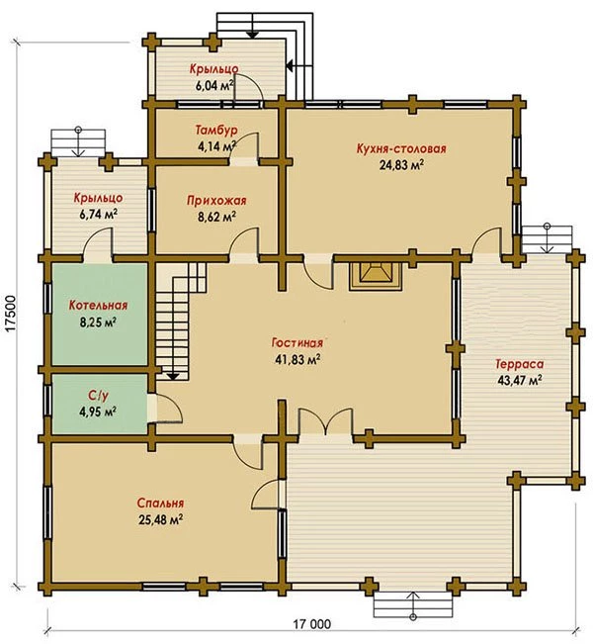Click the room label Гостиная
pyautogui.click(x=297, y=342)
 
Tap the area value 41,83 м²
pyautogui.click(x=297, y=359)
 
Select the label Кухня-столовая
pyautogui.click(x=401, y=148)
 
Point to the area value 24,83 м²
pyautogui.click(x=401, y=165)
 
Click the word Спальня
pyautogui.click(x=160, y=503)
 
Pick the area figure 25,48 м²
pyautogui.click(x=160, y=519)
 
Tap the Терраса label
pyautogui.click(x=520, y=364)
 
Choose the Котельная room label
pyautogui.click(x=98, y=305)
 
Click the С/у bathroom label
pyautogui.click(x=98, y=395)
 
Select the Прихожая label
pyautogui.click(x=216, y=201)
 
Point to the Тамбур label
pyautogui.click(x=216, y=131)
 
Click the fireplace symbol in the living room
pyautogui.click(x=375, y=276)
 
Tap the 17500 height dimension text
pyautogui.click(x=11, y=313)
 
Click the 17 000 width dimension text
pyautogui.click(x=311, y=624)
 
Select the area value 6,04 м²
pyautogui.click(x=214, y=86)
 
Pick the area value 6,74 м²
pyautogui.click(x=98, y=215)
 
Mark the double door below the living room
pyautogui.click(x=325, y=422)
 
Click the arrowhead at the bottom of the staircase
pyautogui.click(x=173, y=376)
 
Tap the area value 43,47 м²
pyautogui.click(x=520, y=380)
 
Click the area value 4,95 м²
pyautogui.click(x=98, y=412)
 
